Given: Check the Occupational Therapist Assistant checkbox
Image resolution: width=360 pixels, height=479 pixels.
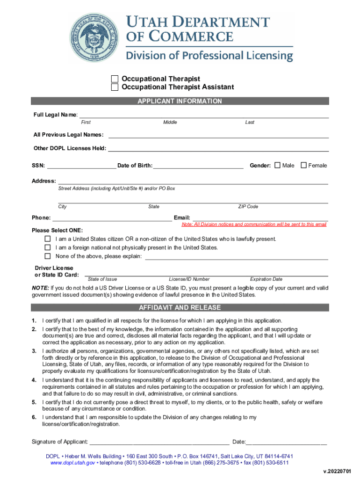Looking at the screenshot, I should point(115,87).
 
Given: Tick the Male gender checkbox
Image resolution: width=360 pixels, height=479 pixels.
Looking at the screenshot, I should point(277,165).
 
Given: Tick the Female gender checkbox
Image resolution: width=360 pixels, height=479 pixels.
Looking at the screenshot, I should point(303,165).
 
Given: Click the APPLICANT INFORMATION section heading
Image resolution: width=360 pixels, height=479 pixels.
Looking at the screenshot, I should point(180,101).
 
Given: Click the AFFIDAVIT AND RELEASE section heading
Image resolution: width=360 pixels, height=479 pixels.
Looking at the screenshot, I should point(180,308).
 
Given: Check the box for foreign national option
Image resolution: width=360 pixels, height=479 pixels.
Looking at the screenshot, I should point(48,247).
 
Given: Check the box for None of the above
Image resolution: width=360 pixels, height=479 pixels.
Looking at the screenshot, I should point(48,256).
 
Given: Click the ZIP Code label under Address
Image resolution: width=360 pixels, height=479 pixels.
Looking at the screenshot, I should point(248,207).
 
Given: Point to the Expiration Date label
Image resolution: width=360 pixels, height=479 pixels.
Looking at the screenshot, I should point(266,279).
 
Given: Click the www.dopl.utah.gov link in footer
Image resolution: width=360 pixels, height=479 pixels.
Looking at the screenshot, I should point(73,463).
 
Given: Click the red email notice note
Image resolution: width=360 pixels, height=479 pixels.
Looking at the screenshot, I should point(251,225).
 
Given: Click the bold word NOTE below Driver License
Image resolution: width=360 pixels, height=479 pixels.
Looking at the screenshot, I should point(40,288).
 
